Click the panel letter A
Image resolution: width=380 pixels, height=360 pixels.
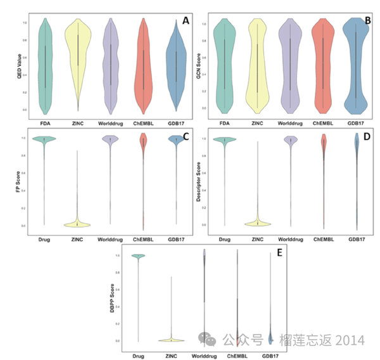coord(186,21)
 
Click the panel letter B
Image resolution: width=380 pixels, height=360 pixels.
coord(367,21)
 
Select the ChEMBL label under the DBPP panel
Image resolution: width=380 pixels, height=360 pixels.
coord(237,356)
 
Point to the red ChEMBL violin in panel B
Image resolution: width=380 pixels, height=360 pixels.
coord(324,63)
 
